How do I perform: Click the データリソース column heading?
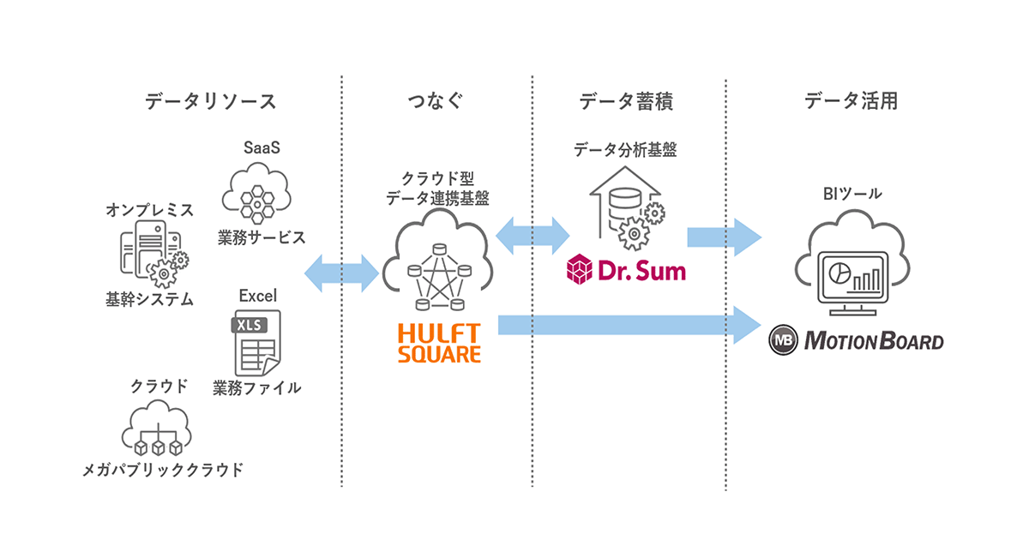pyautogui.click(x=210, y=101)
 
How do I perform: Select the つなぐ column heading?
pyautogui.click(x=436, y=101)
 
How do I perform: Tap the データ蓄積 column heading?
pyautogui.click(x=626, y=101)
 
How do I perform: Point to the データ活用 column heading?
pyautogui.click(x=851, y=101)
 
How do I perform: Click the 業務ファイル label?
pyautogui.click(x=257, y=387)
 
